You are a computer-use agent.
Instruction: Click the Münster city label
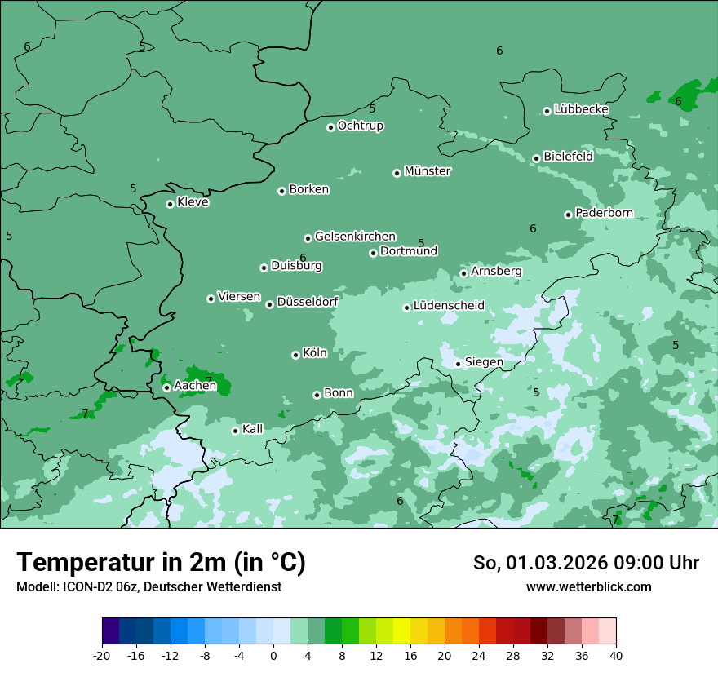[x=428, y=171]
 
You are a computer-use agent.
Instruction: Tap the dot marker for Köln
[x=295, y=355]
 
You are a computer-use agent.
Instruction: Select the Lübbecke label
[x=581, y=109]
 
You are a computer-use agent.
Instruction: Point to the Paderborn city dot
[x=568, y=215]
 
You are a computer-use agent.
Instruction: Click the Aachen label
[x=195, y=386]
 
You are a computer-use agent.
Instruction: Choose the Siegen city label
[x=484, y=362]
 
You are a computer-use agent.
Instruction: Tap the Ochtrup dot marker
[x=330, y=126]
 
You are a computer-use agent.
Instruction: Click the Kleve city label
[x=193, y=202]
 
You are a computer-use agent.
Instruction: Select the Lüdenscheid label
[x=449, y=306]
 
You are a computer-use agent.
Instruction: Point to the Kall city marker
[x=235, y=431]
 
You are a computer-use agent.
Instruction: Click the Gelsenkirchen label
[x=355, y=237]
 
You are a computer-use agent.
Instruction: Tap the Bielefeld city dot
[x=536, y=158]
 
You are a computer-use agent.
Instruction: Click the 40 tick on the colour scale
[x=615, y=655]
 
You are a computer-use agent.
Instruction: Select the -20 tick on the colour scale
[x=102, y=655]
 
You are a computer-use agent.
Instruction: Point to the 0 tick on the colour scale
[x=273, y=655]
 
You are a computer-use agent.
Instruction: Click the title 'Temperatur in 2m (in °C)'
[x=161, y=563]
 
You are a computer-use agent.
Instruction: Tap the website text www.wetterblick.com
[x=588, y=586]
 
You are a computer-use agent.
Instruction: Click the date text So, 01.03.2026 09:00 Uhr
[x=586, y=563]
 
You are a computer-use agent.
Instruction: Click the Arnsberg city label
[x=496, y=271]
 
